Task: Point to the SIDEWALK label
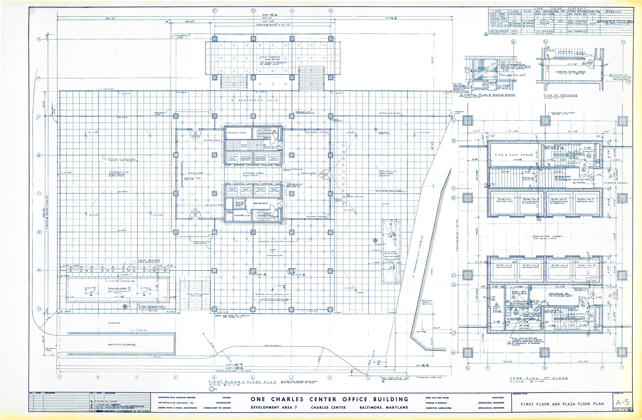(x=114, y=323)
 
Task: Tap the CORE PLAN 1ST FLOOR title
(x=539, y=386)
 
